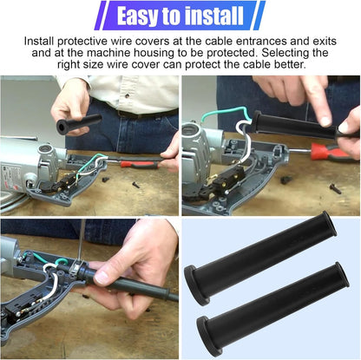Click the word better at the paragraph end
290,64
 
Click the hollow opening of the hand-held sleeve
62,127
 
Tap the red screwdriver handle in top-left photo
140,164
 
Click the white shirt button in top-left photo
127,95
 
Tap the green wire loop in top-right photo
228,110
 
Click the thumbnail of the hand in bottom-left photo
101,278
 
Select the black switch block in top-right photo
228,179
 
